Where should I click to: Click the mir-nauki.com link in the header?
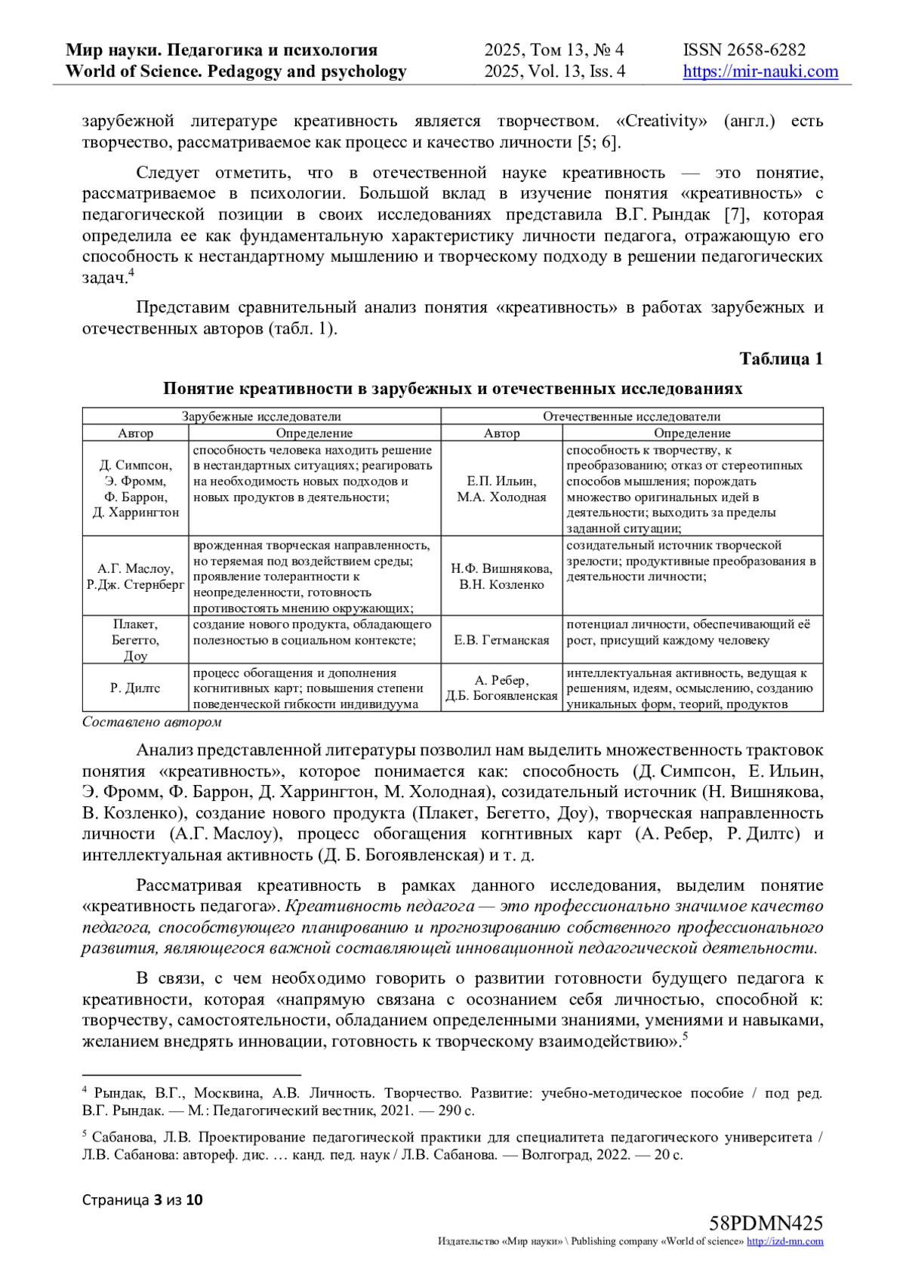[x=760, y=72]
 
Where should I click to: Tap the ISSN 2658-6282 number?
[x=744, y=51]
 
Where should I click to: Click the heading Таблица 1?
[x=781, y=359]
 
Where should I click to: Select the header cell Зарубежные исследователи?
[x=261, y=416]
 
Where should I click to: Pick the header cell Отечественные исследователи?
[x=631, y=416]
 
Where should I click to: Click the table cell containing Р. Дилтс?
[x=135, y=688]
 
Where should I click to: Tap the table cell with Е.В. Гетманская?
[x=501, y=640]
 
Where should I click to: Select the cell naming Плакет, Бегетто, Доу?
[x=135, y=640]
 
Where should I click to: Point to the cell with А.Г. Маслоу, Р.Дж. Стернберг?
[x=135, y=576]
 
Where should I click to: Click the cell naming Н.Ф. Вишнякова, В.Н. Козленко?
[x=501, y=576]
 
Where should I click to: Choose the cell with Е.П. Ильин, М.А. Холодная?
[x=501, y=489]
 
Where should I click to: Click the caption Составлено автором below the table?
[x=152, y=722]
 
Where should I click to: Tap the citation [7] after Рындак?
[x=735, y=214]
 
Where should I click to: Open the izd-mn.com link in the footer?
[x=784, y=1242]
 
